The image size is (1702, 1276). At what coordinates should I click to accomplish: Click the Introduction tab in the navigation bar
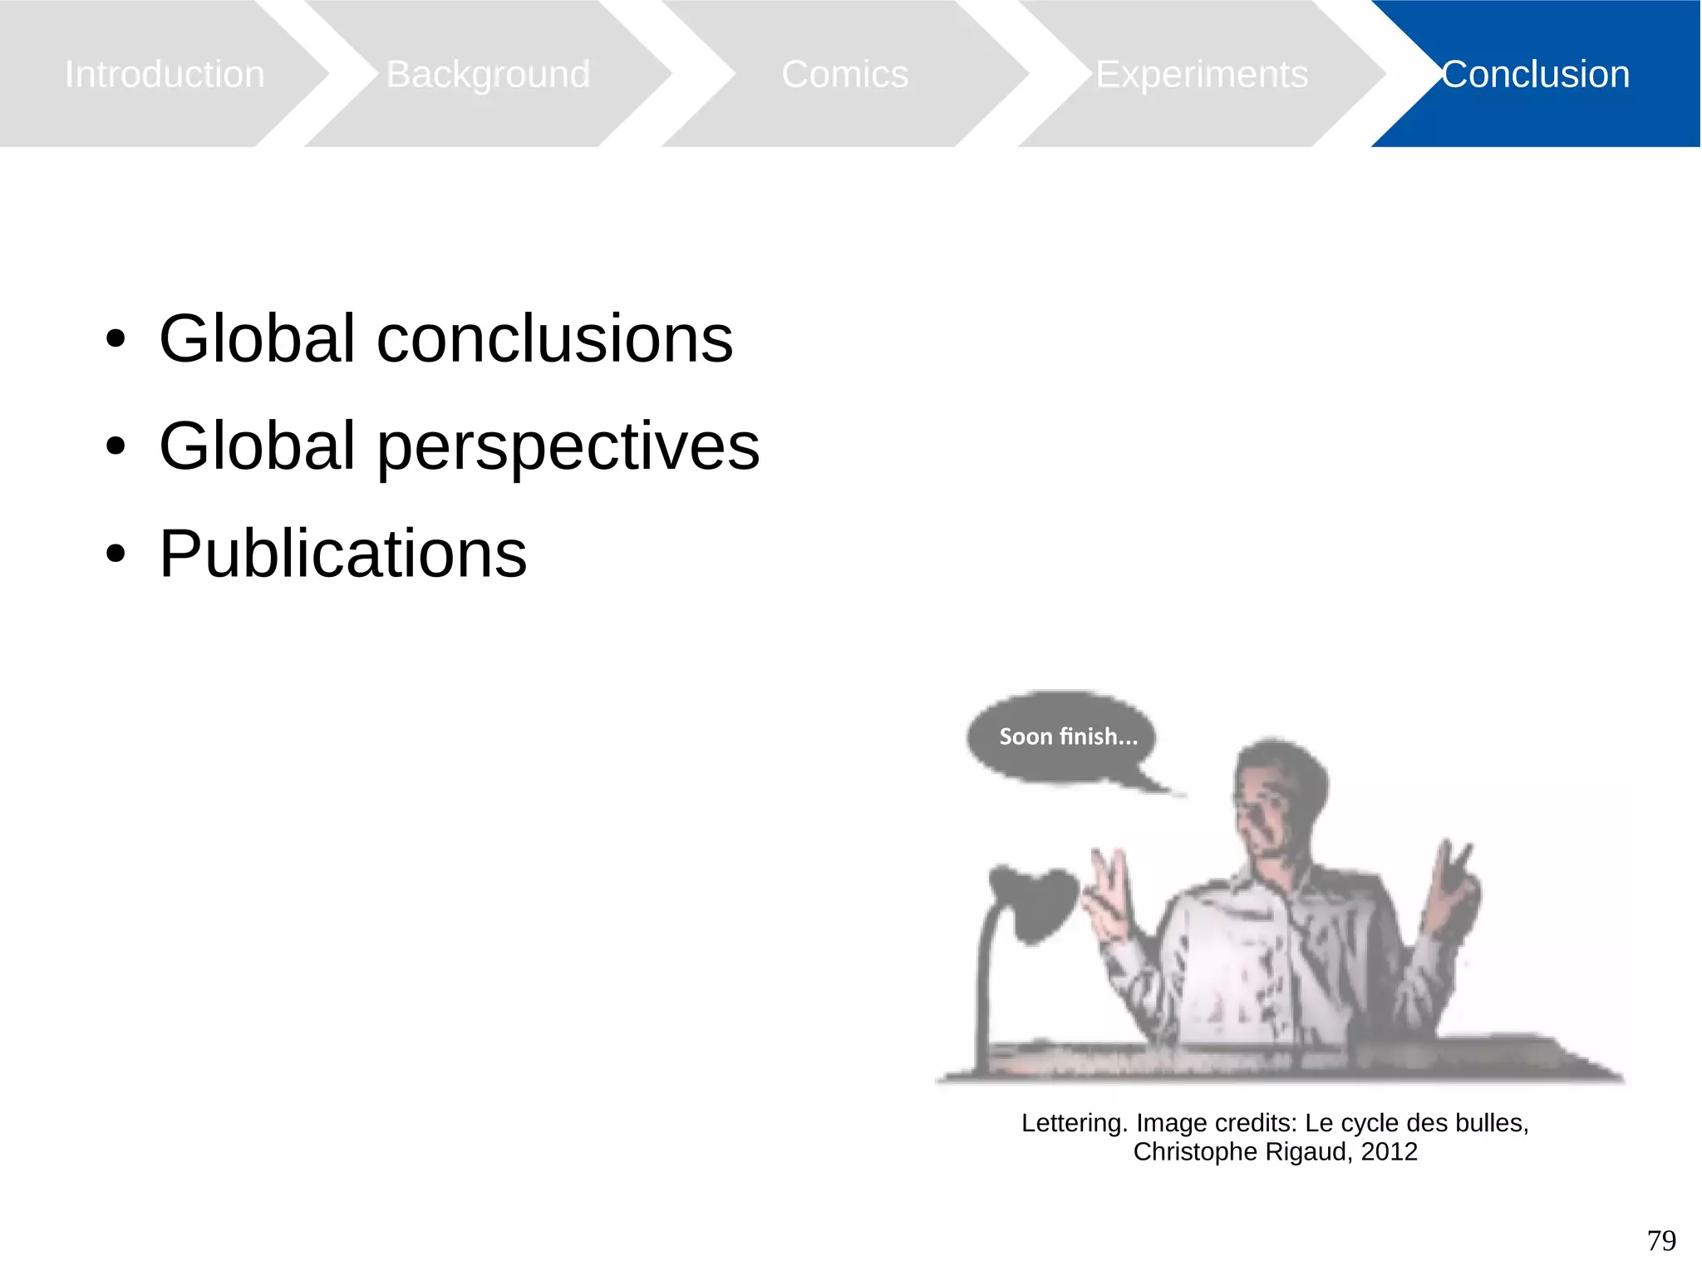click(165, 74)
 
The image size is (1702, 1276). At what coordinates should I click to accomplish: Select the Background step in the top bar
click(488, 74)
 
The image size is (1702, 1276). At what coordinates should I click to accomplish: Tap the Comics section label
click(844, 74)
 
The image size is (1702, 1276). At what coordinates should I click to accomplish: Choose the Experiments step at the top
click(1201, 74)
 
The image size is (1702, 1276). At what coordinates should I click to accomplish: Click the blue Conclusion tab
click(1535, 74)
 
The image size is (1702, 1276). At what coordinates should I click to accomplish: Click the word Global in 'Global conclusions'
click(258, 338)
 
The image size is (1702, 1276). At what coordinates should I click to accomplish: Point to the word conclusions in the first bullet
click(554, 338)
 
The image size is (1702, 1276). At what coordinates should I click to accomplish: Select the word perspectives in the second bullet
click(568, 446)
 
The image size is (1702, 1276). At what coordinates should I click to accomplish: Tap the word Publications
click(342, 554)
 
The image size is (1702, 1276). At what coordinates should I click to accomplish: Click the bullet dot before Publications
click(116, 554)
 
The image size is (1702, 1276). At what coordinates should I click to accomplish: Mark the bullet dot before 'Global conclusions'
click(116, 339)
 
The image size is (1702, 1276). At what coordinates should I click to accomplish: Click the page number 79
click(1661, 1240)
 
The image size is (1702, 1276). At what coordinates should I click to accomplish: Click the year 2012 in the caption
click(1389, 1152)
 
